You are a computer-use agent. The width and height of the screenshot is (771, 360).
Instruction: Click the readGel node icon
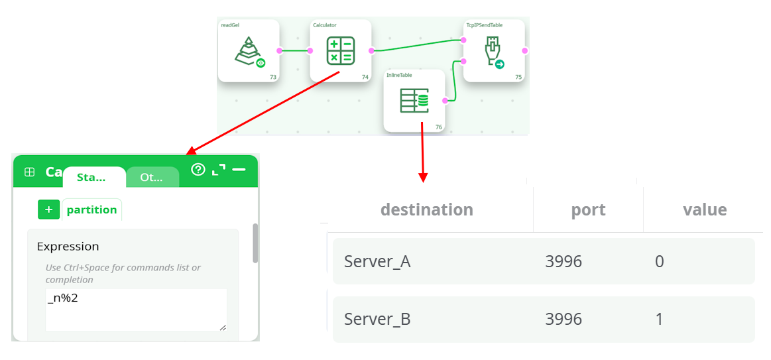click(x=248, y=51)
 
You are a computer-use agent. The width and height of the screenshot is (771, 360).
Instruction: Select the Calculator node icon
click(x=341, y=50)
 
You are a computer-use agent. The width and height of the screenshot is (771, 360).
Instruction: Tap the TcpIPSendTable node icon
click(x=494, y=51)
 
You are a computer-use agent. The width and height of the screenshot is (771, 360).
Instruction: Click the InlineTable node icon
click(x=414, y=101)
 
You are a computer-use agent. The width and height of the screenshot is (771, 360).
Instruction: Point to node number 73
click(x=273, y=77)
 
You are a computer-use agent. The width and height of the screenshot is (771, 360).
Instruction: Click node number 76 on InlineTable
click(x=438, y=127)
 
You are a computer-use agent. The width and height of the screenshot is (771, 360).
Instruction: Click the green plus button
click(x=48, y=210)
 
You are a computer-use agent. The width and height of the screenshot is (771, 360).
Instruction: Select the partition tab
click(x=91, y=210)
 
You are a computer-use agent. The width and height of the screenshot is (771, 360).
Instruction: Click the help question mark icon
click(x=198, y=170)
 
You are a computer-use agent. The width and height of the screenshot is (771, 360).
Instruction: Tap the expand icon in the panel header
click(x=218, y=170)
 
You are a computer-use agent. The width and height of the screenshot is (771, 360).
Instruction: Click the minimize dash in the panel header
click(x=239, y=170)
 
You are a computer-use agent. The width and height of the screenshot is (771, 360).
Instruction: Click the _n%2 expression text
click(x=58, y=299)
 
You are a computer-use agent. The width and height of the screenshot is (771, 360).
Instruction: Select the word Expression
click(x=68, y=246)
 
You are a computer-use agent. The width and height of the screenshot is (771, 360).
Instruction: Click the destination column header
click(x=426, y=210)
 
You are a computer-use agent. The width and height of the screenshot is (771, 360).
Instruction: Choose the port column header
click(x=588, y=210)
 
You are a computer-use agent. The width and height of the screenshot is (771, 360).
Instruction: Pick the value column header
click(x=705, y=210)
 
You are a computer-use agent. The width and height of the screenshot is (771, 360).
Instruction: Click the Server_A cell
click(x=377, y=261)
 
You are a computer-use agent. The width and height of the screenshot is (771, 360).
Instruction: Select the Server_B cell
click(x=377, y=319)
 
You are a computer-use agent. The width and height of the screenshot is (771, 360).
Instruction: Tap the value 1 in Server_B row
click(x=659, y=319)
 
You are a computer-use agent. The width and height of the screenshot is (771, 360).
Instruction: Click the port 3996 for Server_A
click(x=563, y=261)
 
